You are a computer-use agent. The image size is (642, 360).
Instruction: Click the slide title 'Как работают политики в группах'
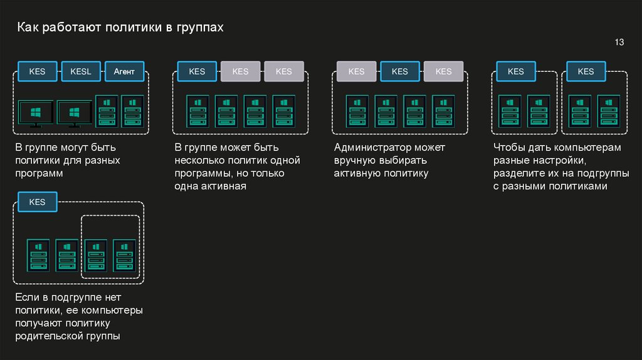click(x=120, y=28)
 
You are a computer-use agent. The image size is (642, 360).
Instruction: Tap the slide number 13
click(x=619, y=43)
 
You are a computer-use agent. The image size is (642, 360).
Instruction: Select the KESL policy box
click(x=81, y=71)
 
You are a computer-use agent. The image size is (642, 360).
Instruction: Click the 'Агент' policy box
click(x=124, y=71)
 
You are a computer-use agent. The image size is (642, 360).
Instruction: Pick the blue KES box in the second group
click(x=197, y=71)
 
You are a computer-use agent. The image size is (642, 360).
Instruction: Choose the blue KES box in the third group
click(x=400, y=71)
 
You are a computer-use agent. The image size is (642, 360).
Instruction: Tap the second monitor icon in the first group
click(x=75, y=114)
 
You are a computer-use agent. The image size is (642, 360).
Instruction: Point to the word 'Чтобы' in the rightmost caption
click(x=508, y=148)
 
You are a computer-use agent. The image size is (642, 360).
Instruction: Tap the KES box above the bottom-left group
click(x=37, y=202)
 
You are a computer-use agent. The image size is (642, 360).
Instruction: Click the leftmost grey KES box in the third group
click(x=356, y=71)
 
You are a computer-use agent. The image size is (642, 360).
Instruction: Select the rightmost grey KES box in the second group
click(x=284, y=71)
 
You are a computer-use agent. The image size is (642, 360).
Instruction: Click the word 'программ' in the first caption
click(x=40, y=173)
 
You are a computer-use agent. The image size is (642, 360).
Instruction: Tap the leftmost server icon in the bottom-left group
click(x=37, y=255)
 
